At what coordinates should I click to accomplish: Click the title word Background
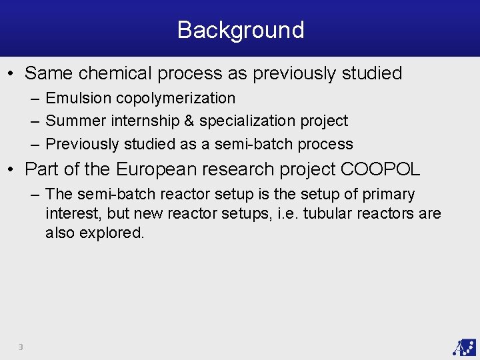tap(241, 30)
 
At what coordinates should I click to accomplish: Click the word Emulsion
tap(79, 98)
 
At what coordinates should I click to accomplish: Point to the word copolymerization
tap(175, 98)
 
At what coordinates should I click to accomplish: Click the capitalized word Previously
tap(83, 143)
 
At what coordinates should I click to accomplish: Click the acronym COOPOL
tap(380, 169)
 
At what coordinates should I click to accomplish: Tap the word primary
tap(389, 195)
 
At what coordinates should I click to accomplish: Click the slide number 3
tap(21, 347)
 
